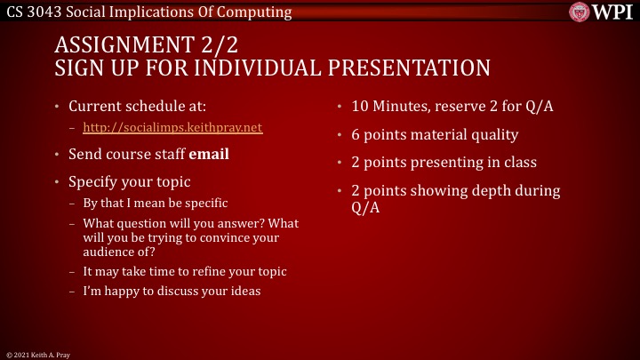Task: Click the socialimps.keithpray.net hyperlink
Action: tap(172, 127)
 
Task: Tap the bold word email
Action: tap(209, 154)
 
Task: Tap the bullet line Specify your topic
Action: tap(129, 181)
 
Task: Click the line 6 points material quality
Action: tap(434, 135)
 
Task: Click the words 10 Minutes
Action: tap(387, 107)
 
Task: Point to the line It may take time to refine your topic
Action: tap(184, 271)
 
